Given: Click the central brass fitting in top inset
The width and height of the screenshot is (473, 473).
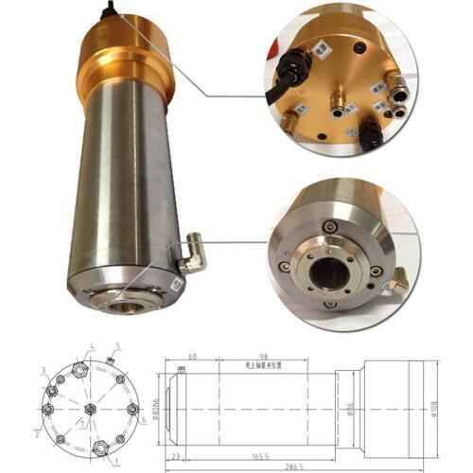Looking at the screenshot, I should [x=336, y=96].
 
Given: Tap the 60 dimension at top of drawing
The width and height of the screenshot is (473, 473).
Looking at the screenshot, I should [x=192, y=357].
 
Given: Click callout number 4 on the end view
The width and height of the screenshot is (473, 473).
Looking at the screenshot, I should [x=92, y=347].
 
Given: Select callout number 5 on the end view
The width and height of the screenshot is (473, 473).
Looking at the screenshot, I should [x=116, y=346].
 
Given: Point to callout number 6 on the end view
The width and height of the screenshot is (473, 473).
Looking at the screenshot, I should [x=144, y=420].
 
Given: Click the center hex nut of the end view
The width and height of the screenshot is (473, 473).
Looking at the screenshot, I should [x=88, y=409].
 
